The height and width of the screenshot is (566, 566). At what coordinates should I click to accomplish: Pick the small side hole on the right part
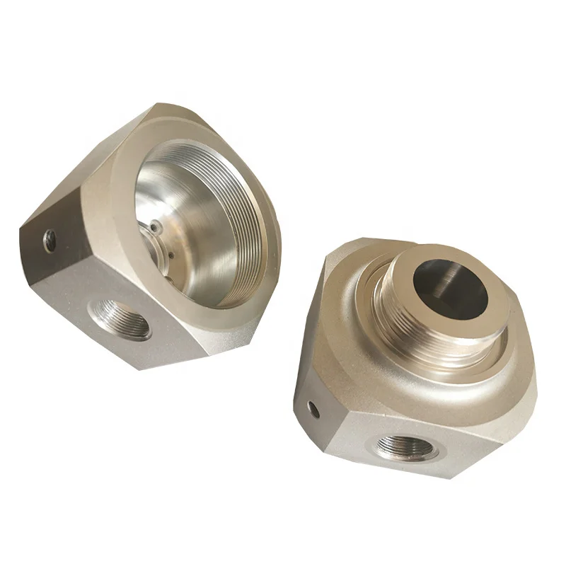[313, 407]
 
